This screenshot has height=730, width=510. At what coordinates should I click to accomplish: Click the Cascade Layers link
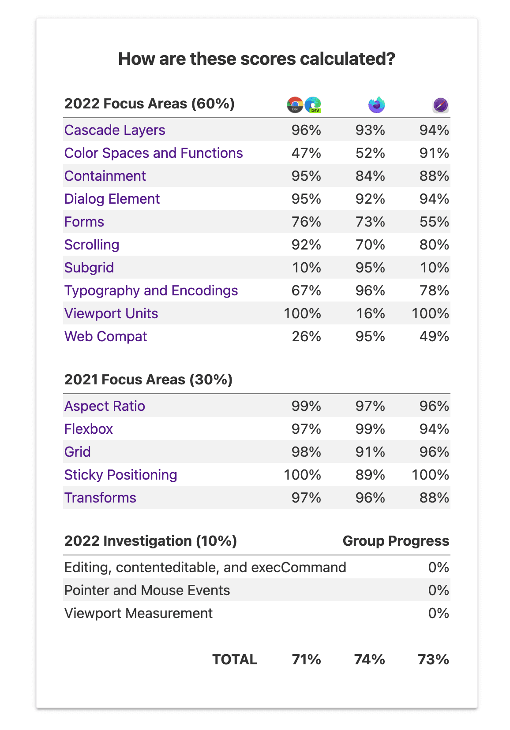pos(115,130)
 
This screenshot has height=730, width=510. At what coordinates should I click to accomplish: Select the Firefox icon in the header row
pos(376,105)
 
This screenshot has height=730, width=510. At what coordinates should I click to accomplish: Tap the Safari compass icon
pos(440,105)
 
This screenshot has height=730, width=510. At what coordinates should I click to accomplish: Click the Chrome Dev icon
pos(295,105)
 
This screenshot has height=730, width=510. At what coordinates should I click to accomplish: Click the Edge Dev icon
pos(313,105)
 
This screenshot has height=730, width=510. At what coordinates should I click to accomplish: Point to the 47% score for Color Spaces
pos(306,153)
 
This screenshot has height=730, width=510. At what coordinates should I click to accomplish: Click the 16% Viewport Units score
pos(370,313)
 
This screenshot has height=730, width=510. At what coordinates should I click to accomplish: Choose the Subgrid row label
pos(89,268)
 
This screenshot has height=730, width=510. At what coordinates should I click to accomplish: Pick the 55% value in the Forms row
pos(434,222)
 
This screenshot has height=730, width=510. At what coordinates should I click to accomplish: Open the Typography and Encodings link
pos(151,291)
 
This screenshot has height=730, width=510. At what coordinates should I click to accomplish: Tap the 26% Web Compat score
pos(306,336)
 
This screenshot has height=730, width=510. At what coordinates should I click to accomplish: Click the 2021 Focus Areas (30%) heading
pos(148,380)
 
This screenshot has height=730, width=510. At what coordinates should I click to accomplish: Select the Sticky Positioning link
pos(120,475)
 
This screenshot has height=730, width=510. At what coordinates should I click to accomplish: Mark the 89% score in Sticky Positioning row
pos(370,475)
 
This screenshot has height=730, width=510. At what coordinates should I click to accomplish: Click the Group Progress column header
pos(396,541)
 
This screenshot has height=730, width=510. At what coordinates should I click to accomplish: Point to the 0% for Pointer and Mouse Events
pos(439,590)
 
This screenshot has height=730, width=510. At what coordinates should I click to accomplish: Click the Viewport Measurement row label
pos(138,613)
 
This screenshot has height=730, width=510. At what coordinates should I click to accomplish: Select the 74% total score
pos(369,659)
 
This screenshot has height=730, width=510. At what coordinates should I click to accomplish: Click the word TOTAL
pos(235,659)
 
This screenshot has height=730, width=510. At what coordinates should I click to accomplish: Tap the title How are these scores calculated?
pos(256,59)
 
